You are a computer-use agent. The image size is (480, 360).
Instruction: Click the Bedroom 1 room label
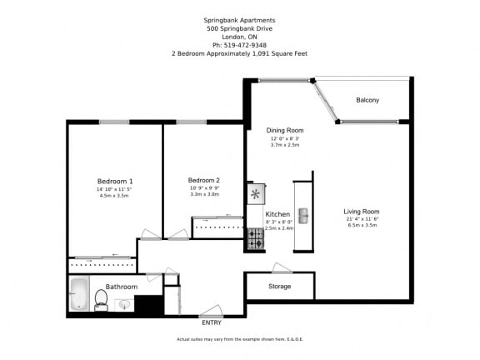tap(115, 182)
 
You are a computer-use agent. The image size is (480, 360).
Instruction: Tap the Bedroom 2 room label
tap(203, 180)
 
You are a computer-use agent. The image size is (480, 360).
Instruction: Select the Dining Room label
tap(284, 131)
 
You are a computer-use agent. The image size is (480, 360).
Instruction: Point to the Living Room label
tap(362, 211)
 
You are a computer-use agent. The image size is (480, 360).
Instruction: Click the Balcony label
tap(367, 100)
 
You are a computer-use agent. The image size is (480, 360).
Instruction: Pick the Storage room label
tap(279, 287)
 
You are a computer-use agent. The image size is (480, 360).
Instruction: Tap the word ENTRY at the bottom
tap(212, 322)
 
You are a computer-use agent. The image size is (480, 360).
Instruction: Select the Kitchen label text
tap(277, 214)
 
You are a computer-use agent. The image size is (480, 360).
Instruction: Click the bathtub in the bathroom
tap(79, 294)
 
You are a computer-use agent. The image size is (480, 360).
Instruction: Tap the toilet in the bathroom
tap(102, 298)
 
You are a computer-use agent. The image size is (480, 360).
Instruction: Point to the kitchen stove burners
tap(255, 240)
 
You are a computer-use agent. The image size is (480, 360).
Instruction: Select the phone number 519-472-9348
tap(239, 44)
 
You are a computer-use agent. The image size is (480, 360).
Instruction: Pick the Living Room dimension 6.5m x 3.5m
tap(362, 225)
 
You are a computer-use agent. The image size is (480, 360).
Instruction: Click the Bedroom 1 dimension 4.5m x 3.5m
tap(115, 196)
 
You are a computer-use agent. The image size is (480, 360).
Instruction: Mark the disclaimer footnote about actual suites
tap(239, 339)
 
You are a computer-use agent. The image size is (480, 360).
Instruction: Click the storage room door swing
tap(281, 268)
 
